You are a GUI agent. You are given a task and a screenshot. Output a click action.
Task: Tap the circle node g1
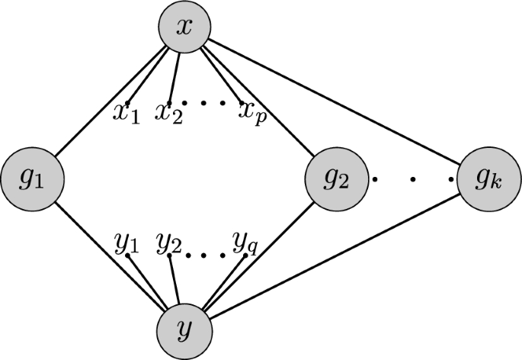(31, 180)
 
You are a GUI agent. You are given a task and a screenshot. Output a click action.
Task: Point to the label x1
(126, 114)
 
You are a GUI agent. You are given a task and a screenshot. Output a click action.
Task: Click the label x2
(169, 114)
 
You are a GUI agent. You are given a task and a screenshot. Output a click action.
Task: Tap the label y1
(126, 244)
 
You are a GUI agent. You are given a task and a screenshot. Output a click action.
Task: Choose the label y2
(169, 244)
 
